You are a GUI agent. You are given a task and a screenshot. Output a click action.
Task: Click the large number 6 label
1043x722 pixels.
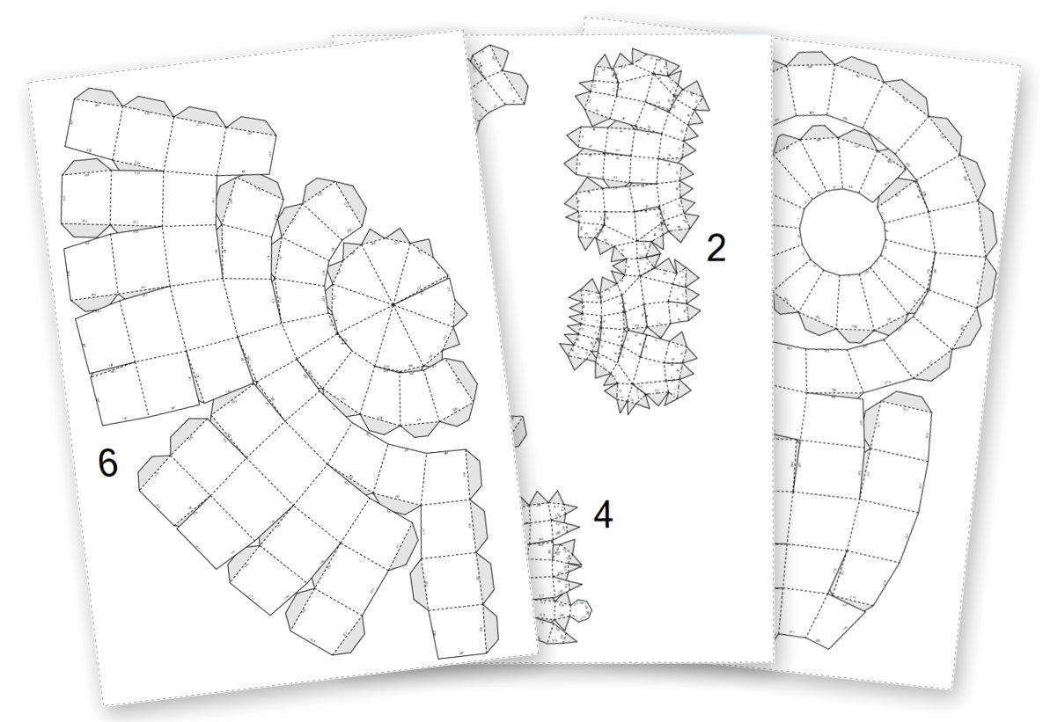tap(107, 463)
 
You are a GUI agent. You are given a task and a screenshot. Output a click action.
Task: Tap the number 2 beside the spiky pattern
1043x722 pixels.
tap(716, 249)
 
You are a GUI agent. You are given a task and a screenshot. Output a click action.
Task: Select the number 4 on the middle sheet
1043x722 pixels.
tap(602, 515)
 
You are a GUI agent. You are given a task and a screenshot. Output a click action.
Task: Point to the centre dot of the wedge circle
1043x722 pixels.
tap(393, 304)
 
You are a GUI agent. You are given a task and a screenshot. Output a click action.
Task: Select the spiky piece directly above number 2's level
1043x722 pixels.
tap(632, 154)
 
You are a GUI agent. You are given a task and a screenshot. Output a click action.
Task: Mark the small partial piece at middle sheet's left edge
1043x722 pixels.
tap(518, 431)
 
